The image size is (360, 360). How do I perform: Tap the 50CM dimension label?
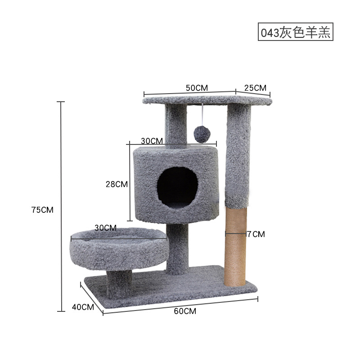pyautogui.click(x=197, y=88)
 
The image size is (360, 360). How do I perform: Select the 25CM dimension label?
pyautogui.click(x=255, y=87)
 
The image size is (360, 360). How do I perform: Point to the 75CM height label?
pyautogui.click(x=42, y=210)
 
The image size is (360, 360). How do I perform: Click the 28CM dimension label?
pyautogui.click(x=117, y=184)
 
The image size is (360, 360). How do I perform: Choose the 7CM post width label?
pyautogui.click(x=256, y=234)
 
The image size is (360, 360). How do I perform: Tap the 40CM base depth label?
pyautogui.click(x=83, y=307)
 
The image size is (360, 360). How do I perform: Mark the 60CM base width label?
pyautogui.click(x=185, y=311)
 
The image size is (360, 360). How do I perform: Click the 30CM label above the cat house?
pyautogui.click(x=152, y=140)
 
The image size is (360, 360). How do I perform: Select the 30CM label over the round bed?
pyautogui.click(x=106, y=228)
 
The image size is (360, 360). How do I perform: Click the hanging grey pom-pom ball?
pyautogui.click(x=201, y=134)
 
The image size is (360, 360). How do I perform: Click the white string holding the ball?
pyautogui.click(x=202, y=114)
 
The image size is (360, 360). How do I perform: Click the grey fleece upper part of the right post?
pyautogui.click(x=238, y=153)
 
